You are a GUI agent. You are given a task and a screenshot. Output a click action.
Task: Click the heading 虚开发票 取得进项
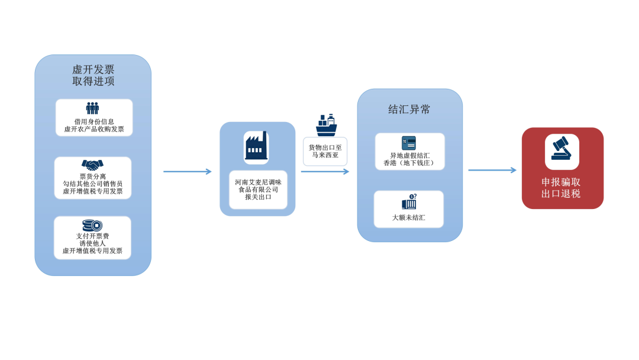[x=93, y=75]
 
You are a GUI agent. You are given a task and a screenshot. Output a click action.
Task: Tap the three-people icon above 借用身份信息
[x=92, y=108]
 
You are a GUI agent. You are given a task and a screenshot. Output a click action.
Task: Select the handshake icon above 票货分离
[x=92, y=165]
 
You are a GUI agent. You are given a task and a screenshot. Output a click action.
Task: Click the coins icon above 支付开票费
[x=92, y=226]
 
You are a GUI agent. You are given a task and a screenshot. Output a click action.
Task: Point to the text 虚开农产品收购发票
[x=93, y=129]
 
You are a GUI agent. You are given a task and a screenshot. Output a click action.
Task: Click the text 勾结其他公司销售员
[x=92, y=184]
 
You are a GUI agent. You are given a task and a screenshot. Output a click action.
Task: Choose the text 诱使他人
[x=92, y=243]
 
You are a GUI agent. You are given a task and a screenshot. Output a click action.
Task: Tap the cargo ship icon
[x=327, y=125]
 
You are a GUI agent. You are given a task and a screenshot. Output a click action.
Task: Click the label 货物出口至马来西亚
[x=325, y=151]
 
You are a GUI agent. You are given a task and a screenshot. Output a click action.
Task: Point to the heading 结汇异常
[x=409, y=110]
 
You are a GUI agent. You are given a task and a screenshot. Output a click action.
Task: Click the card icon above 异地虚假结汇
[x=409, y=143]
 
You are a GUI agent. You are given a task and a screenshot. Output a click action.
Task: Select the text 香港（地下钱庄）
[x=409, y=163]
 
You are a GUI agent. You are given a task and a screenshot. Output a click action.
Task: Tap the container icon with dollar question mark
[x=409, y=202]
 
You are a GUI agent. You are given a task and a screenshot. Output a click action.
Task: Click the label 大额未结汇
[x=408, y=218]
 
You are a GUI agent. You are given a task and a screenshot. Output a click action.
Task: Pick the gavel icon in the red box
[x=561, y=149]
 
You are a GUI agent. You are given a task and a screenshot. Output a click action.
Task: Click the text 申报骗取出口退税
[x=561, y=188]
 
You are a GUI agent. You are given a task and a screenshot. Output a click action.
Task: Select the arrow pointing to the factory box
[x=188, y=172]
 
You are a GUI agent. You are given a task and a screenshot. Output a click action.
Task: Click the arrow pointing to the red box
[x=492, y=170]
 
